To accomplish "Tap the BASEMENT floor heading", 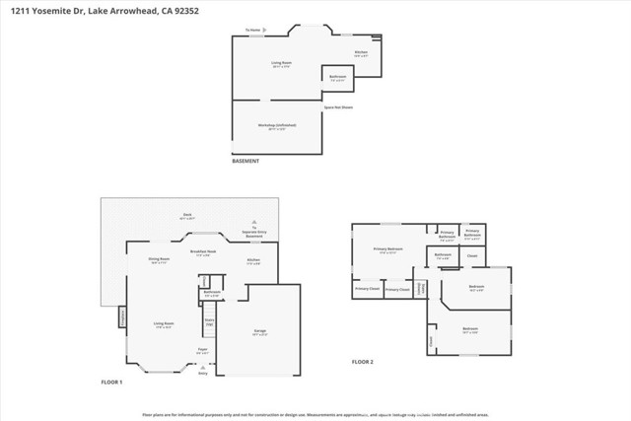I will (x=245, y=161).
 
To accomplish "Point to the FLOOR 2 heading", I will (x=364, y=362).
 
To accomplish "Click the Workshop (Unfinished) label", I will (x=280, y=126).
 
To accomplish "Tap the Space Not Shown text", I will (x=338, y=106).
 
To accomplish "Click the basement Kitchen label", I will (x=361, y=52).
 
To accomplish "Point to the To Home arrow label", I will (x=254, y=30).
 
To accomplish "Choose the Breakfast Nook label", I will (x=203, y=252).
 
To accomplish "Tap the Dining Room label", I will (x=159, y=260).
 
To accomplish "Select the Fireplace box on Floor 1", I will (x=121, y=316).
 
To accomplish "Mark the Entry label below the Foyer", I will (x=203, y=374).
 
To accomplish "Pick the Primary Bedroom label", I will (x=388, y=250).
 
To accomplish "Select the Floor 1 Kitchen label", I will (x=252, y=262).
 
